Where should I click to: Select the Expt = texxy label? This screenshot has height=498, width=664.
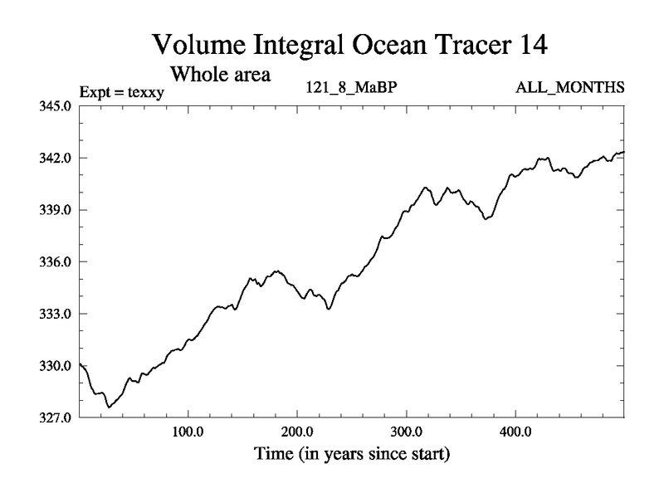click(x=121, y=92)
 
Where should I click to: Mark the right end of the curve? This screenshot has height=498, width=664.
click(x=623, y=152)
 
